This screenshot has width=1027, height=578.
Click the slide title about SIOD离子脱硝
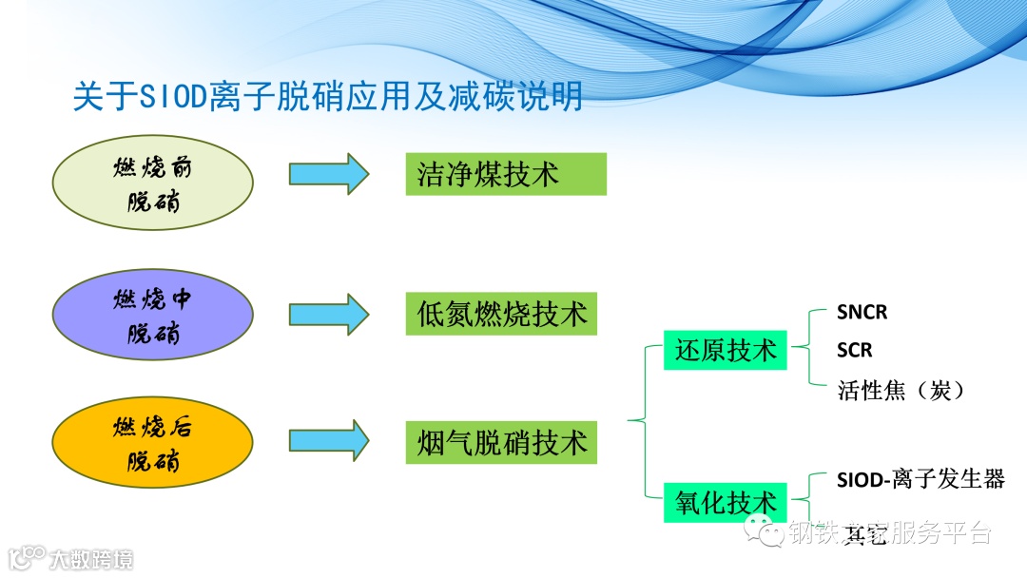(x=328, y=97)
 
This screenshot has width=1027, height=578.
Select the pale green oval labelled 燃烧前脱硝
(x=152, y=184)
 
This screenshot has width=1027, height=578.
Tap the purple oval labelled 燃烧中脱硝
(x=152, y=316)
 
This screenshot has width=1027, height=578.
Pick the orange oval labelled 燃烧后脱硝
(x=152, y=443)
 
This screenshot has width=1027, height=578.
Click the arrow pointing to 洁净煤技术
(x=328, y=174)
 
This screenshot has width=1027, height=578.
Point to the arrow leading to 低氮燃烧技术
(x=328, y=314)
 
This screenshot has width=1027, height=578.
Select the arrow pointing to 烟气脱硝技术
(x=328, y=441)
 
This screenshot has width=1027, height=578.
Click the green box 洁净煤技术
(x=505, y=174)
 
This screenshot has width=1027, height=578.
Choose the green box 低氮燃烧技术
(x=501, y=314)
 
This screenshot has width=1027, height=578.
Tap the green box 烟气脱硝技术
(x=501, y=442)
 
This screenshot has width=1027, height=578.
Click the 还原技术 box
(x=725, y=350)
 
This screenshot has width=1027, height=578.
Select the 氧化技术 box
(x=725, y=502)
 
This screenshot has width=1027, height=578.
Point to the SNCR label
(x=862, y=312)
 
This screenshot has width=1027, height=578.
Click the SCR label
(x=854, y=351)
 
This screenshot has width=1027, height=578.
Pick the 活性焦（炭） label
(x=901, y=390)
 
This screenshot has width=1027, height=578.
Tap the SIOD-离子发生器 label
(x=920, y=479)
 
